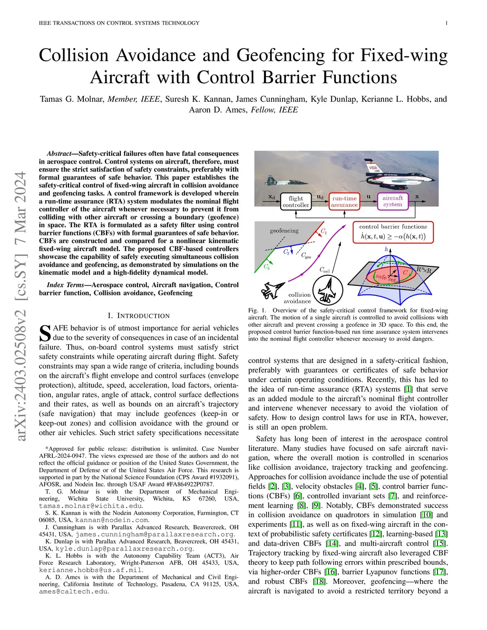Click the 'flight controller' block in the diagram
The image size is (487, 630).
pyautogui.click(x=296, y=202)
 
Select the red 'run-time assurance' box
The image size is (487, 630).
pyautogui.click(x=344, y=202)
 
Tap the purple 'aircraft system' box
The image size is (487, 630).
pyautogui.click(x=392, y=201)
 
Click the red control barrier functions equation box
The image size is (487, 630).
pyautogui.click(x=393, y=232)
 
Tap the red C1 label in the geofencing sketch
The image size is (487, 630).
pyautogui.click(x=323, y=232)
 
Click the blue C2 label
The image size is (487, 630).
pyautogui.click(x=286, y=252)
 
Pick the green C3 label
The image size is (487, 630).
pyautogui.click(x=267, y=267)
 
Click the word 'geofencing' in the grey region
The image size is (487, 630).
pyautogui.click(x=284, y=231)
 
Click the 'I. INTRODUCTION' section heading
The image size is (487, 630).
pyautogui.click(x=138, y=316)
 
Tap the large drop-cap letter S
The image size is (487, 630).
pyautogui.click(x=45, y=333)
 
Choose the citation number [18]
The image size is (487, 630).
pyautogui.click(x=319, y=582)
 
